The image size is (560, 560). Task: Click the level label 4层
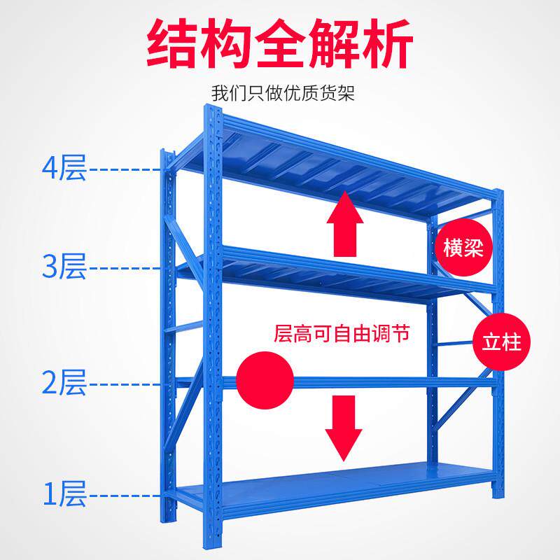[x=64, y=169]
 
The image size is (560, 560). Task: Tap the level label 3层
[x=64, y=267]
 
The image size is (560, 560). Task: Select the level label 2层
[x=64, y=383]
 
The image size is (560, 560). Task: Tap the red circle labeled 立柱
[x=502, y=343]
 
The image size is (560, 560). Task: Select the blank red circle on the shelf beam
[x=265, y=381]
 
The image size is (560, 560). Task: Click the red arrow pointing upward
[x=346, y=224]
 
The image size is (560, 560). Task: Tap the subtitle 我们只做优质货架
[x=283, y=93]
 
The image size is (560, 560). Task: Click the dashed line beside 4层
[x=126, y=169]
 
